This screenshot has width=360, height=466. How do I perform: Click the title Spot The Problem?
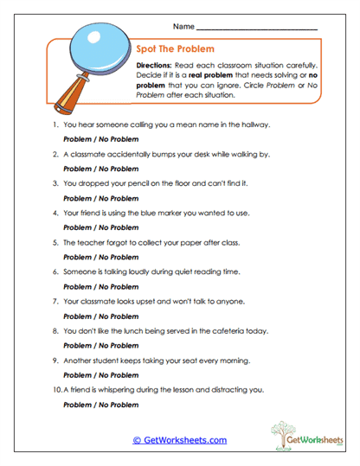[x=176, y=49]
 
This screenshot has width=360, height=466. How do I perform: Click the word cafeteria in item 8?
[x=244, y=330]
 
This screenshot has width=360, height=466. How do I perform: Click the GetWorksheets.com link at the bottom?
[x=179, y=440]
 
